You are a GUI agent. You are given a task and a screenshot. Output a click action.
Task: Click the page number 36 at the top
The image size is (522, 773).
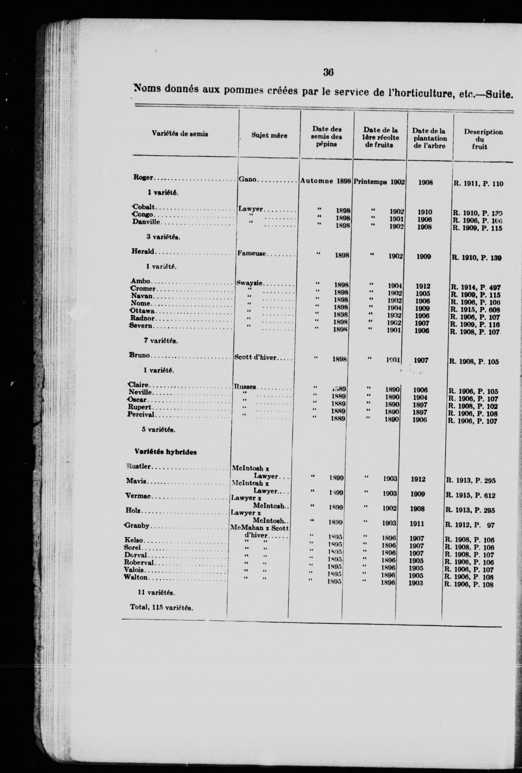coord(328,72)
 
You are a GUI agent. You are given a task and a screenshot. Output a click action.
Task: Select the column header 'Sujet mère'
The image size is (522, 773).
coord(269,136)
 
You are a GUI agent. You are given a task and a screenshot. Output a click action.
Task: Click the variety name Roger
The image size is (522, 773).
coord(143,178)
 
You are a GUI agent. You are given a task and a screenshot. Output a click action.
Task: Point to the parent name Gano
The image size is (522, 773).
coord(248,179)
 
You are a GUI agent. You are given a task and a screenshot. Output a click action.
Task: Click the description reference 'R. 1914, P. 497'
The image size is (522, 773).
coord(475,288)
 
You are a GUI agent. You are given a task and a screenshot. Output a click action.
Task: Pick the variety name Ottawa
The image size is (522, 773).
coord(142,311)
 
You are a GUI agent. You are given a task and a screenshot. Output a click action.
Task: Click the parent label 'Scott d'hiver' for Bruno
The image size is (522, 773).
coord(255,358)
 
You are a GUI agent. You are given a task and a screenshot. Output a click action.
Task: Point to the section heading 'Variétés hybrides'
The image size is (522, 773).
coord(165,452)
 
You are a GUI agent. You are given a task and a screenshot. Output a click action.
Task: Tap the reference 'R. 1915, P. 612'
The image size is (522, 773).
coord(470,496)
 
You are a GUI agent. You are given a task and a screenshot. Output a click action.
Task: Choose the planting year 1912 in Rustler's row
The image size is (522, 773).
coord(417,479)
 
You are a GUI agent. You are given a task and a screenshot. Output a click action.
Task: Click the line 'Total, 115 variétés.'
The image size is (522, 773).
coord(162,607)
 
